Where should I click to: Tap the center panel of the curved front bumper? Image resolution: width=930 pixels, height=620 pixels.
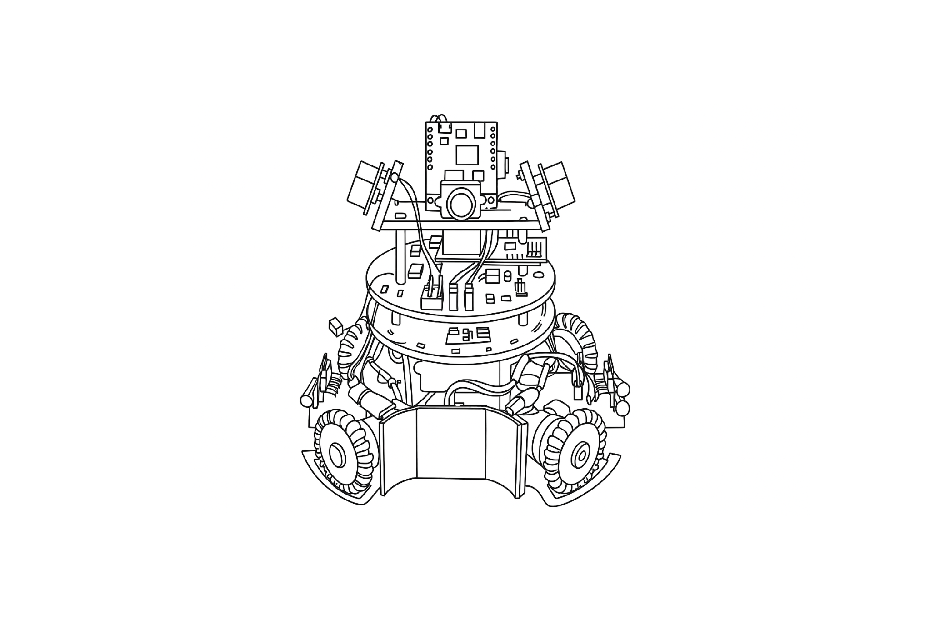point(451,443)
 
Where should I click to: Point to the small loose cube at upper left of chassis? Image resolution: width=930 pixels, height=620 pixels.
point(335,326)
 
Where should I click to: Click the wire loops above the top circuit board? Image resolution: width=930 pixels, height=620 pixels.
point(440,119)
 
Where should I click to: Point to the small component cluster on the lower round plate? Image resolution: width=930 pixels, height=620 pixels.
point(469,335)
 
